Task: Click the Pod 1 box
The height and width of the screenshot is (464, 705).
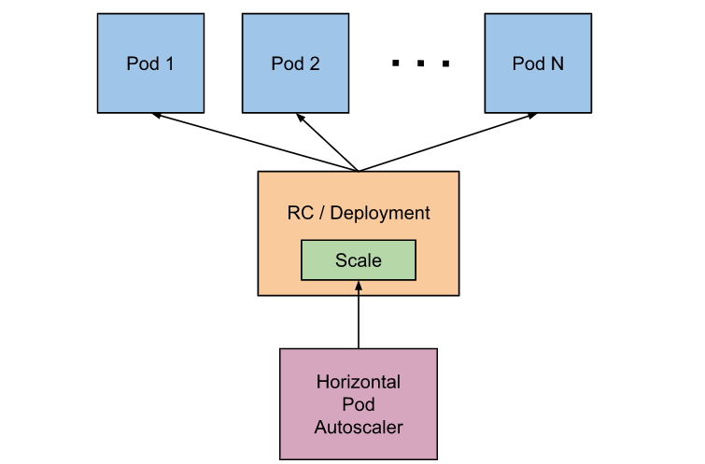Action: [x=150, y=63]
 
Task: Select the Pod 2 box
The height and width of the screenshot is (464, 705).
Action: [x=295, y=63]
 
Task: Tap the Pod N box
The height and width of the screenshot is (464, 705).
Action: [x=538, y=63]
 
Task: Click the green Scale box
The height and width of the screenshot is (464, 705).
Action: [x=359, y=260]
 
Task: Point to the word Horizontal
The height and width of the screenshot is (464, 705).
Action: [x=359, y=382]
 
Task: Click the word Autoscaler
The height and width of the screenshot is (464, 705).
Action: [x=359, y=428]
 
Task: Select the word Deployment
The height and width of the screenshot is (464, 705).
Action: [x=380, y=214]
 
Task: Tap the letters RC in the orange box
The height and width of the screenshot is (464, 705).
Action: [x=301, y=213]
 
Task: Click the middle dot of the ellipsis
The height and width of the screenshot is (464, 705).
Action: [x=420, y=63]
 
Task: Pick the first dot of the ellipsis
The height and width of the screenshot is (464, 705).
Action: [x=396, y=63]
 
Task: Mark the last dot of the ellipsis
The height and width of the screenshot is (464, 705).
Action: [x=445, y=63]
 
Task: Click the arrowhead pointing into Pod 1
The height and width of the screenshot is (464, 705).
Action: [x=157, y=116]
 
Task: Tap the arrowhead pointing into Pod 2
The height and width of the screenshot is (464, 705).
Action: [x=301, y=118]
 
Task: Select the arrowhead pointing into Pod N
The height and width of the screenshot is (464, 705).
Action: [x=532, y=116]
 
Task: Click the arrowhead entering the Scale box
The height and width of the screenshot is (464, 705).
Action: [x=359, y=286]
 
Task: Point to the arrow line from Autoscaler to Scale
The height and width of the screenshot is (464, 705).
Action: [x=359, y=315]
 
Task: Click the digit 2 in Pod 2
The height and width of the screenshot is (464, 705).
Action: [x=315, y=63]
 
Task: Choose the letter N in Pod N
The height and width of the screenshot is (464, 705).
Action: [x=557, y=63]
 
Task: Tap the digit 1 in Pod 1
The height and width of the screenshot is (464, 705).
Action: [x=170, y=63]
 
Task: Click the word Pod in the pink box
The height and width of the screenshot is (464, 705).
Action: [x=359, y=404]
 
